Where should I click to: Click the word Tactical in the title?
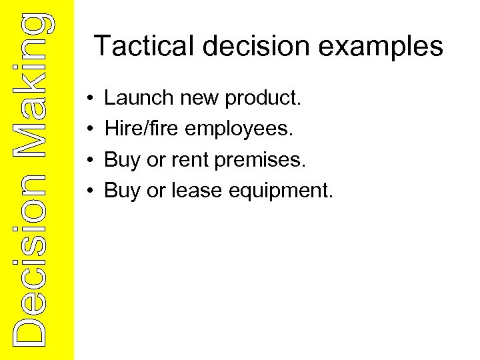pos(142,46)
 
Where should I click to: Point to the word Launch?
pos(138,99)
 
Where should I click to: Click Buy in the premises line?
pos(122,161)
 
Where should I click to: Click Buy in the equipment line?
pos(122,191)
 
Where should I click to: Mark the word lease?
pos(196,191)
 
